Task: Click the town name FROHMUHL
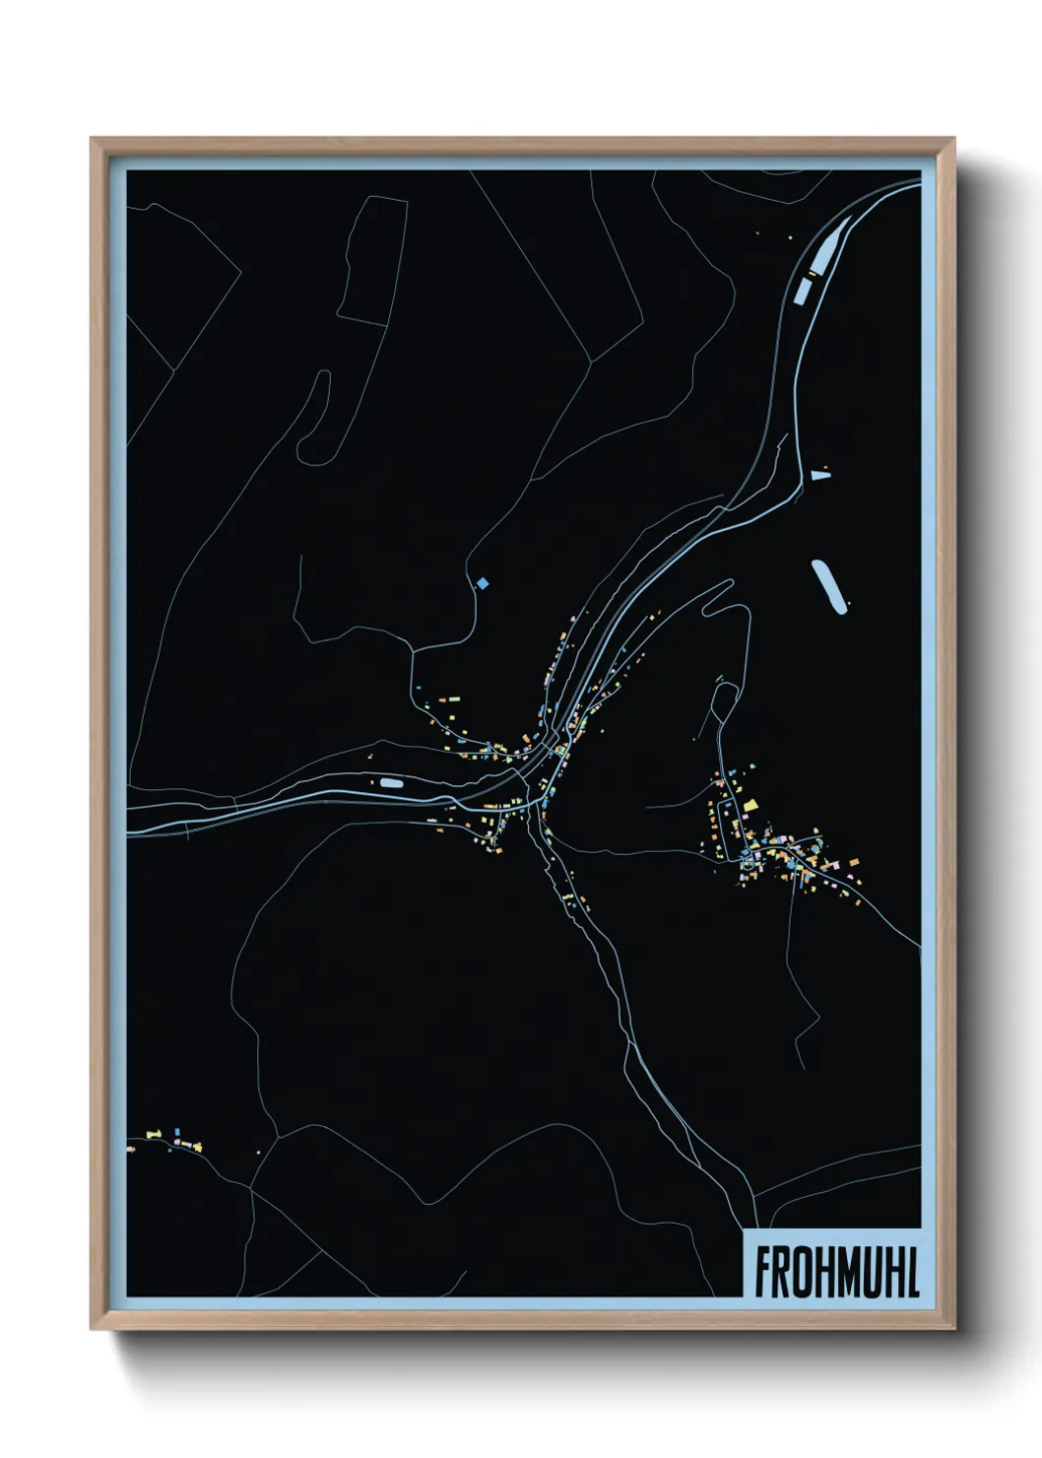pyautogui.click(x=836, y=1273)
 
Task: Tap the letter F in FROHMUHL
pyautogui.click(x=763, y=1273)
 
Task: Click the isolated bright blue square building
pyautogui.click(x=482, y=584)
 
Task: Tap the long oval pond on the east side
pyautogui.click(x=829, y=587)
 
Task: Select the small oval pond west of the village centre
pyautogui.click(x=391, y=783)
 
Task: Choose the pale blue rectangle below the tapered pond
pyautogui.click(x=803, y=290)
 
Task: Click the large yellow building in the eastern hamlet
pyautogui.click(x=749, y=806)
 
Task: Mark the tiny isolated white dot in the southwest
pyautogui.click(x=258, y=1151)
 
